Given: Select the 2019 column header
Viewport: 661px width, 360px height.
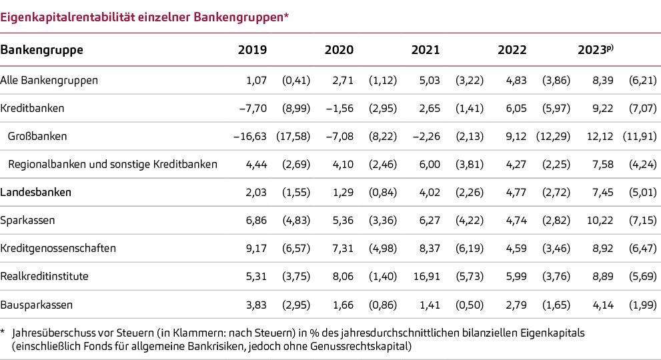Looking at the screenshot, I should [x=252, y=50].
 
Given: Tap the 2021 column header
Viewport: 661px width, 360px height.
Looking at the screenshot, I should [x=426, y=50].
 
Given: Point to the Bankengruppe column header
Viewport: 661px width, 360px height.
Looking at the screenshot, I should [x=41, y=50].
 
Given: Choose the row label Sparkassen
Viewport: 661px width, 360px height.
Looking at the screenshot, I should [x=28, y=220].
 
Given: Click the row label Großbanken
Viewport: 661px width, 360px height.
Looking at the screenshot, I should [x=37, y=136].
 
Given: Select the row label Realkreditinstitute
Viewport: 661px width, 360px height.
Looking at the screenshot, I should [x=45, y=276].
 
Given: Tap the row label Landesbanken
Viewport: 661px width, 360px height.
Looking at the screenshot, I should [x=36, y=192].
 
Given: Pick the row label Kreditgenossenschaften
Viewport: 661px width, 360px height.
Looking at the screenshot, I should [x=59, y=248].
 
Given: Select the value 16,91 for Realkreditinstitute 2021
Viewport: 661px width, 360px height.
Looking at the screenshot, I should [x=426, y=276].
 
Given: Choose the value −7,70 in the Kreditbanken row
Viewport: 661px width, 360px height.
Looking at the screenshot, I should [x=253, y=108].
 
